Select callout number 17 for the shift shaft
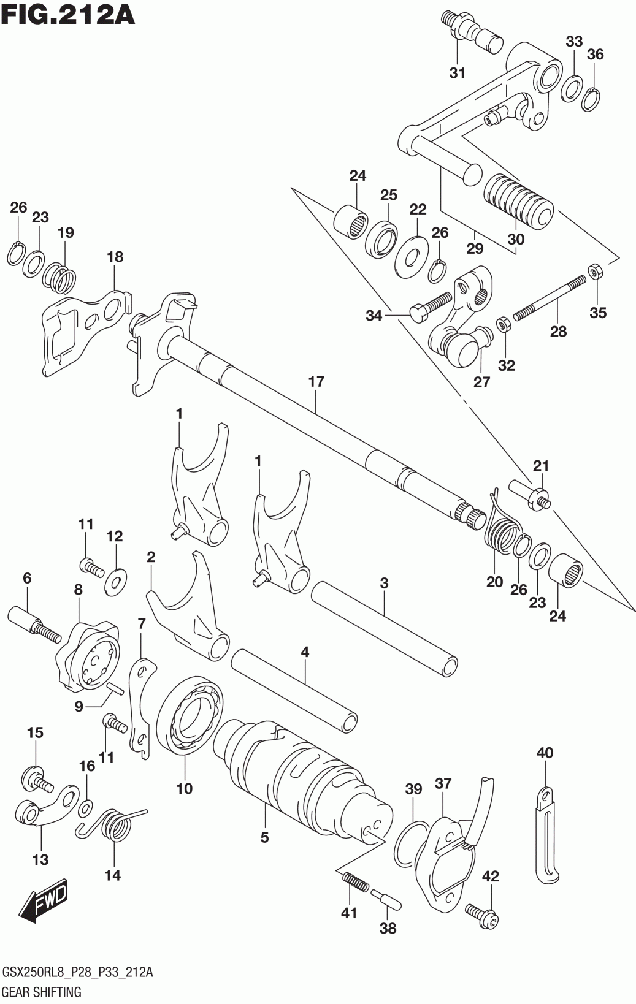(x=316, y=382)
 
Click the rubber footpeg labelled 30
(x=519, y=199)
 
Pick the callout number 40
(x=545, y=752)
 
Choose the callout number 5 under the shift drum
(x=264, y=837)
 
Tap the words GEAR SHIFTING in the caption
(x=42, y=992)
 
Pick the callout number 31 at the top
(x=457, y=73)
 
